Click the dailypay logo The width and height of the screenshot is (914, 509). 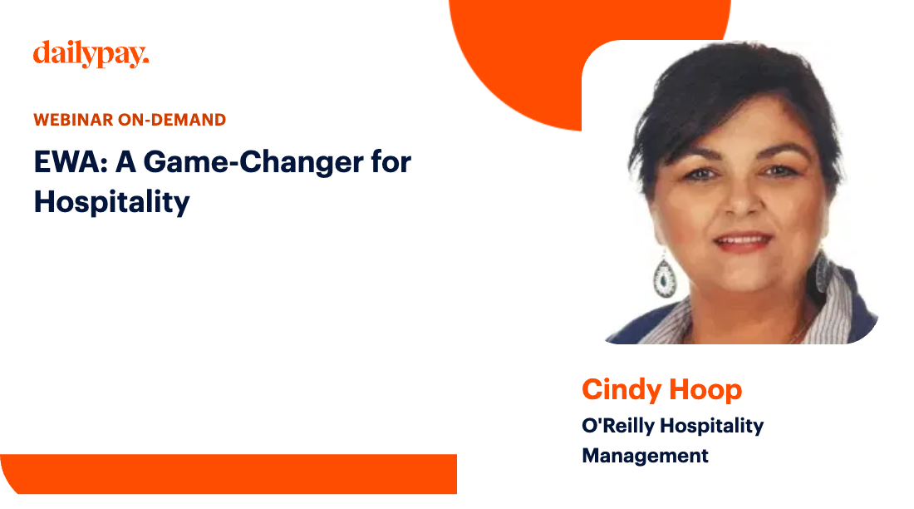pos(91,55)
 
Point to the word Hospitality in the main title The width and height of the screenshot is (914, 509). pos(111,201)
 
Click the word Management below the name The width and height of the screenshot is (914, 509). pos(645,456)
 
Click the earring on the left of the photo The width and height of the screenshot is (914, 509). pos(665,276)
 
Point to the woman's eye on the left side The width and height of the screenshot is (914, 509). pos(700,174)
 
